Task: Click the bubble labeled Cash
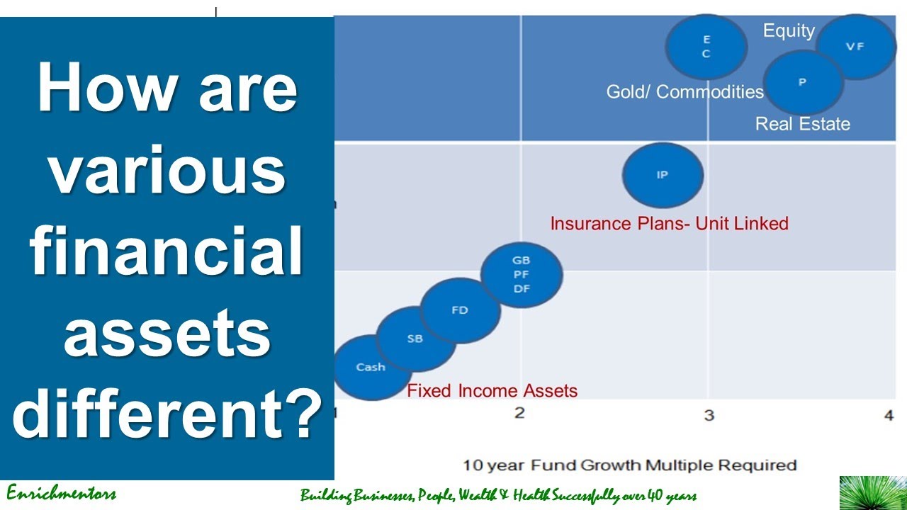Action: [370, 367]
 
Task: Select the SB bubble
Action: [415, 339]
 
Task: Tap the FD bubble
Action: [459, 310]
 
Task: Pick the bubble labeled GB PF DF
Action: [522, 275]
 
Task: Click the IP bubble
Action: [663, 175]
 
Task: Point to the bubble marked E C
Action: [706, 47]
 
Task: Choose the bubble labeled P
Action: [803, 82]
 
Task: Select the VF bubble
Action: [855, 47]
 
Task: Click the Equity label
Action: [789, 30]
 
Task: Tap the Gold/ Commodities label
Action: [685, 91]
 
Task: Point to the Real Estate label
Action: [802, 124]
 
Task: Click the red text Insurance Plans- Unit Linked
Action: [669, 224]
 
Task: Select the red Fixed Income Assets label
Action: [492, 390]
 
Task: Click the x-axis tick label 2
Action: [519, 413]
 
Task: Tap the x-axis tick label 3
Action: [709, 415]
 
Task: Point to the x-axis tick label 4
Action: [889, 416]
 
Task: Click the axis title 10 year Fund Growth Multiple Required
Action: [629, 465]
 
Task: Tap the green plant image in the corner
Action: [872, 493]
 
